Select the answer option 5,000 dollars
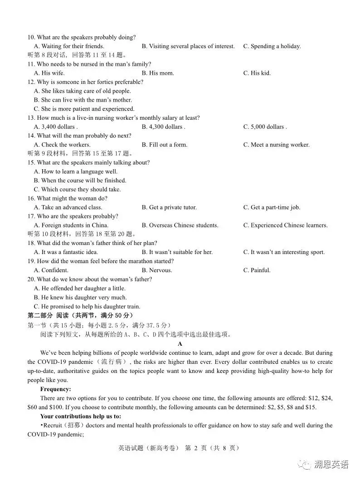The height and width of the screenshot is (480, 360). pos(265,127)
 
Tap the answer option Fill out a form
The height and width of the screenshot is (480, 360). pos(164,145)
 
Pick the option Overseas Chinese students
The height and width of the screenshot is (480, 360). pos(180,225)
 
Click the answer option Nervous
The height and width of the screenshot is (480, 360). pos(157,270)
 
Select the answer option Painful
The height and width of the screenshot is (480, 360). pos(257,270)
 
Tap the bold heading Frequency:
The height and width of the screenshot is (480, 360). pos(55,389)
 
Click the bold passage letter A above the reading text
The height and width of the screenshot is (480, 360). pos(180,344)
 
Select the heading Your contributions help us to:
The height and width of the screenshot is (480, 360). pos(80,416)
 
